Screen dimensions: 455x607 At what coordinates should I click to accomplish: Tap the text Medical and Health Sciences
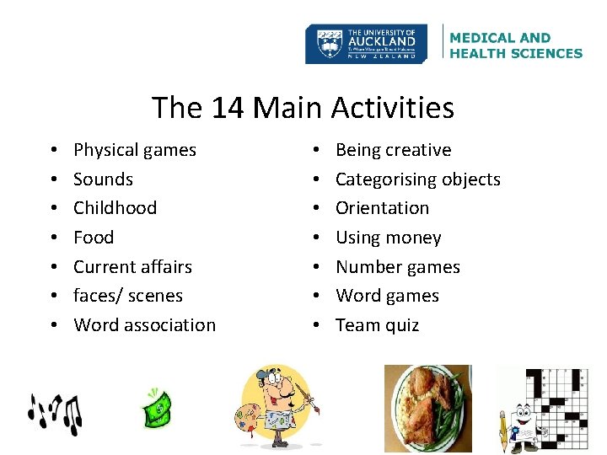point(516,45)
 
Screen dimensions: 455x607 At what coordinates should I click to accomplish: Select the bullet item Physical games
point(135,150)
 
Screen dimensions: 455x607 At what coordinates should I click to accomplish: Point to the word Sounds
point(103,179)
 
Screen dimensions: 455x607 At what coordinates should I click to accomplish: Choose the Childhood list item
point(115,208)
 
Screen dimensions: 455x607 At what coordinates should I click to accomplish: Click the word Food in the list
point(94,238)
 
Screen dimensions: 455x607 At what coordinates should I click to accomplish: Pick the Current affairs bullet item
point(132,267)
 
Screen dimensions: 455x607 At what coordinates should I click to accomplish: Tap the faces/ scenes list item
point(127,296)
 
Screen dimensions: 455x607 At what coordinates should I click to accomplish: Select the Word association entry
point(144,325)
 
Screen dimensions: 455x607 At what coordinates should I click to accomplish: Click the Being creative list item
point(393,150)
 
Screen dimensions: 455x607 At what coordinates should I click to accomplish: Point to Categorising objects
point(417,179)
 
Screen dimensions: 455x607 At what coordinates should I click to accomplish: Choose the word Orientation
point(382,208)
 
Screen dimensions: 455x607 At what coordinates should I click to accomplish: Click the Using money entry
point(388,238)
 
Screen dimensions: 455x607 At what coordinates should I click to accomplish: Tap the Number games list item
point(397,267)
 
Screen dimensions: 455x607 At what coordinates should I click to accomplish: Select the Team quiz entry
point(377,325)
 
